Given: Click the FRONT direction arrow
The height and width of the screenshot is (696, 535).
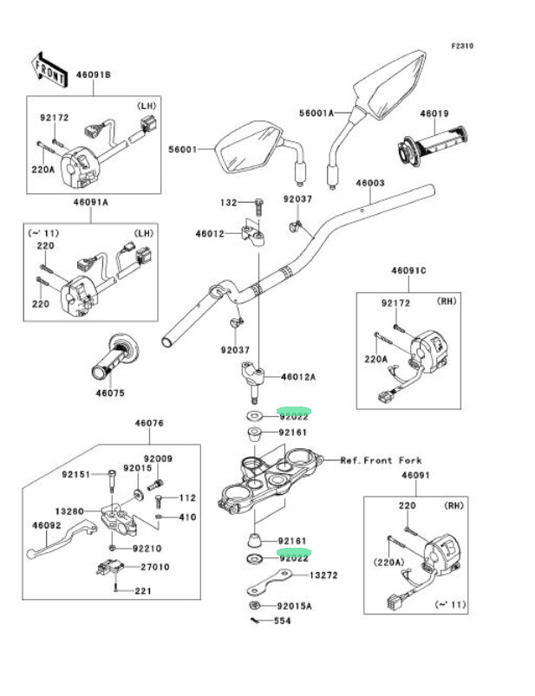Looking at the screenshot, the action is click(x=50, y=69).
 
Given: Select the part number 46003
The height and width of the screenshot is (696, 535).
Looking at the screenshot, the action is click(x=370, y=183).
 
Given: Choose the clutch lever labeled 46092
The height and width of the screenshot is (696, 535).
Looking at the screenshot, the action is click(x=61, y=539).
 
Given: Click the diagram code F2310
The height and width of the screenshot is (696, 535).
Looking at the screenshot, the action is click(x=462, y=46).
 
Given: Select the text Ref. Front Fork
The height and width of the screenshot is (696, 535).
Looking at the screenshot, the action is click(x=381, y=460).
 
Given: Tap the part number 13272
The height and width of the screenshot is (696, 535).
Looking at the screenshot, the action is click(x=323, y=576).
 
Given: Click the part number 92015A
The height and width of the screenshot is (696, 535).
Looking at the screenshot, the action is click(x=294, y=606).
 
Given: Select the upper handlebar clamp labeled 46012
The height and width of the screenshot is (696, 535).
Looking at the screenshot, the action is click(x=253, y=231).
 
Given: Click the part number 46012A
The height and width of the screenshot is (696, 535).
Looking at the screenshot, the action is click(x=298, y=377).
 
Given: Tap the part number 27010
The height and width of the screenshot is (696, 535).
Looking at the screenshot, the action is click(x=155, y=567).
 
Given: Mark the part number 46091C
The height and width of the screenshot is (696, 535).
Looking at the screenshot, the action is click(x=408, y=270).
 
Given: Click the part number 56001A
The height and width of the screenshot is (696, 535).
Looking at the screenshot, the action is click(x=316, y=114).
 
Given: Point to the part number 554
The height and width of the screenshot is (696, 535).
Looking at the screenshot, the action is click(x=283, y=621).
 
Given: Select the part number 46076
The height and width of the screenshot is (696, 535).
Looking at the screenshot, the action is click(x=149, y=423).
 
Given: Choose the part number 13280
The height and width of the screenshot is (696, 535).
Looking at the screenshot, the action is click(x=69, y=511).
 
